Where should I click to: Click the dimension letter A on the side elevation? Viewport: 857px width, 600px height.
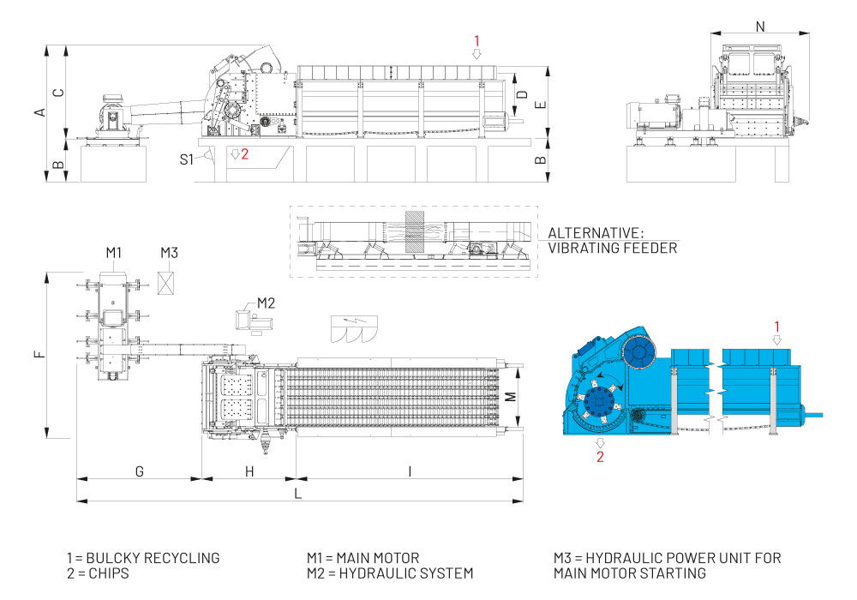(x=39, y=112)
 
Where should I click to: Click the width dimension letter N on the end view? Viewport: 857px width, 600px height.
(x=760, y=27)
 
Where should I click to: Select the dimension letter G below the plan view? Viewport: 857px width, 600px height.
(x=139, y=471)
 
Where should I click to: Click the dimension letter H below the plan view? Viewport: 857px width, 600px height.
(x=249, y=471)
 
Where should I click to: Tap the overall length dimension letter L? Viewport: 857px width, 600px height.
(x=297, y=494)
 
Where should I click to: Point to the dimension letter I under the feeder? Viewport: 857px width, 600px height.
(x=410, y=471)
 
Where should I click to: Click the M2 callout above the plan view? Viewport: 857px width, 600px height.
(x=266, y=302)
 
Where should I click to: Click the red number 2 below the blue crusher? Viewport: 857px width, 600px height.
(x=600, y=456)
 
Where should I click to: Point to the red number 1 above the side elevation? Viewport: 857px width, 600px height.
(x=478, y=39)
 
